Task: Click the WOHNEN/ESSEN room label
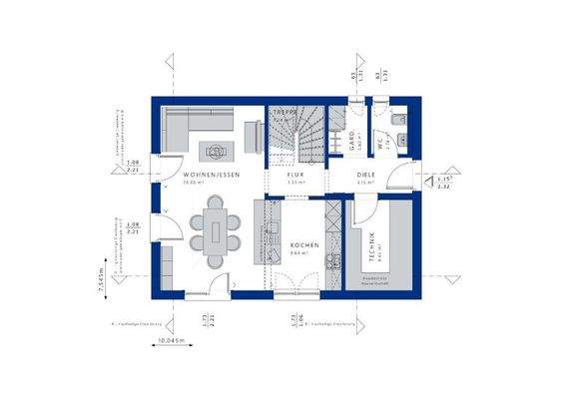pyautogui.click(x=211, y=175)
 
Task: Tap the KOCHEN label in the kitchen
pyautogui.click(x=304, y=244)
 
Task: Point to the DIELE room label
pyautogui.click(x=366, y=175)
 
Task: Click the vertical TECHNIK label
pyautogui.click(x=371, y=246)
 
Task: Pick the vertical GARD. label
pyautogui.click(x=352, y=144)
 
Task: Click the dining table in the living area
pyautogui.click(x=216, y=232)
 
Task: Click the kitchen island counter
pyautogui.click(x=271, y=229)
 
